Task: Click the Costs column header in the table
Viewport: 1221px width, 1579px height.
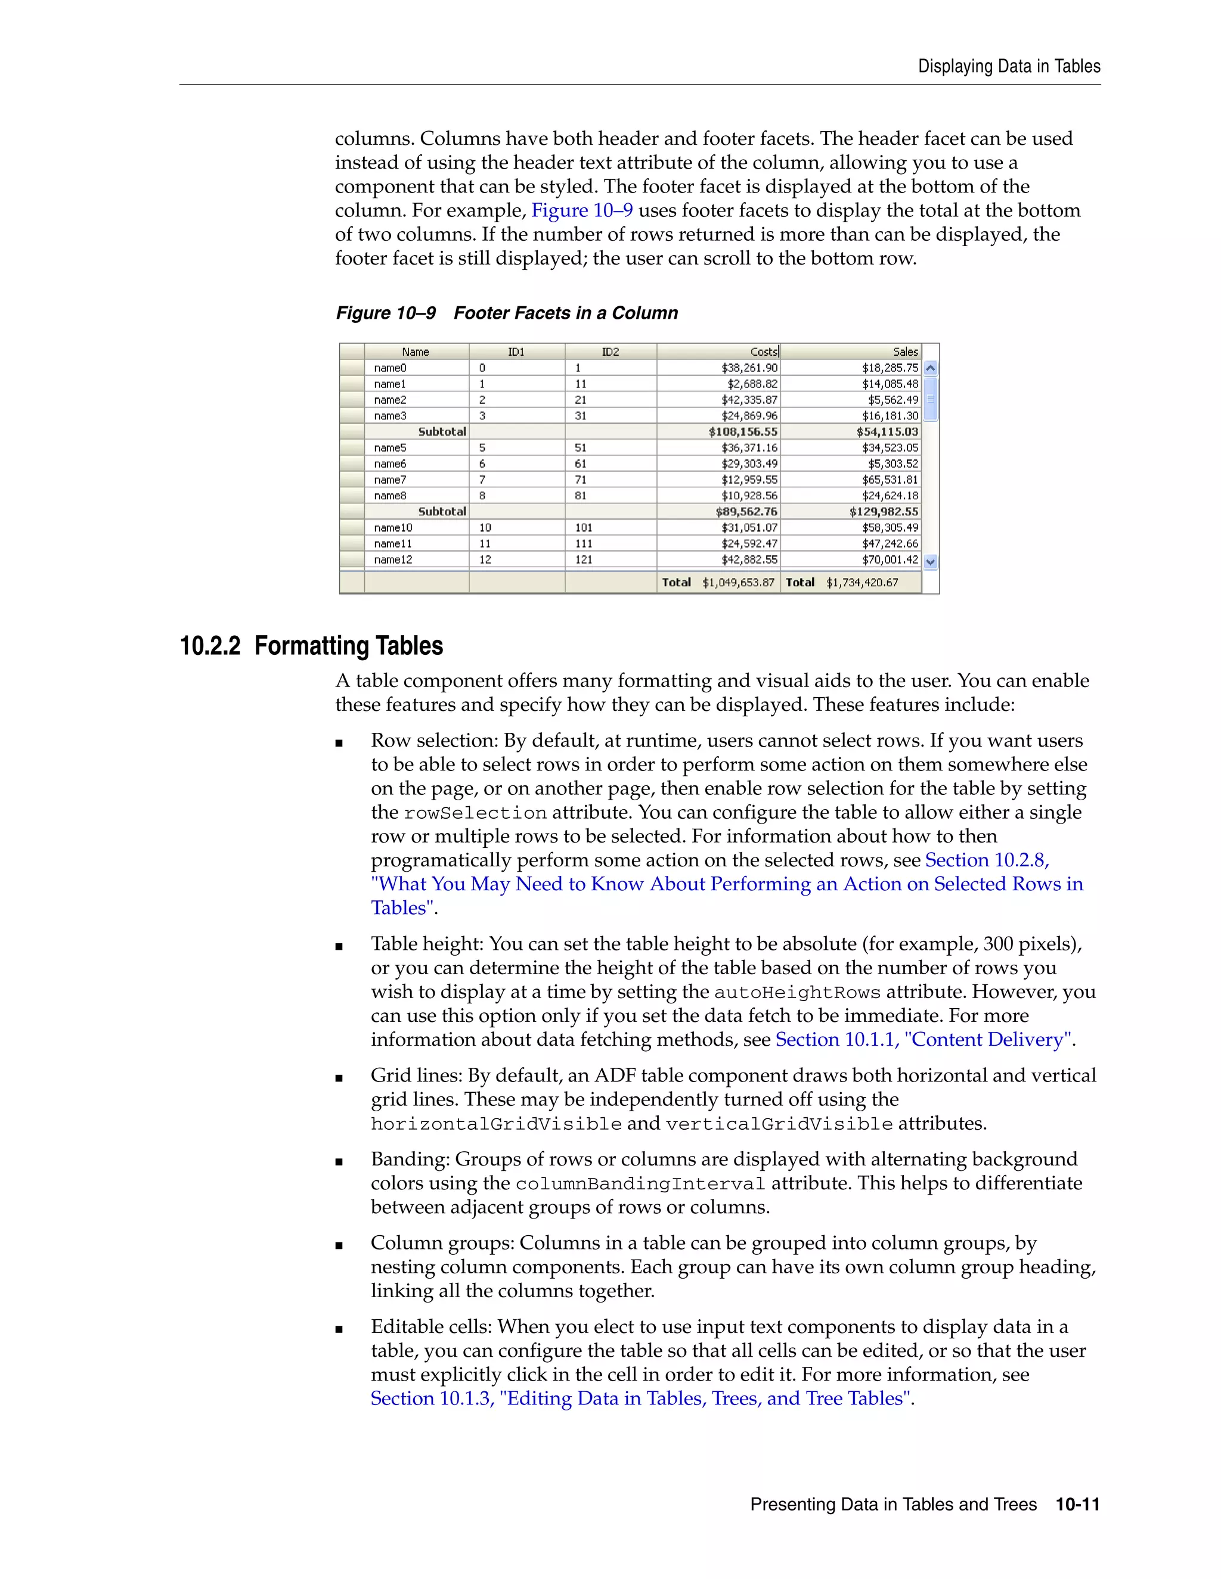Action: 763,352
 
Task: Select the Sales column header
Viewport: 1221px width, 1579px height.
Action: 905,352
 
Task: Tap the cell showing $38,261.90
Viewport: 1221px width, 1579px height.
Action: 749,368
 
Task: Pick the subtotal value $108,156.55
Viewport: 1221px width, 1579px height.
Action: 743,431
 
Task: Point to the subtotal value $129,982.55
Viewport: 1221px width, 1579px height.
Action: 883,512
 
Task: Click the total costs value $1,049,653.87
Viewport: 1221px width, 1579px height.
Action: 738,583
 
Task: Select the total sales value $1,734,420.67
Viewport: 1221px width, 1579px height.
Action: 862,583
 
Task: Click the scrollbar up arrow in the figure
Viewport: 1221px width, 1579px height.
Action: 931,368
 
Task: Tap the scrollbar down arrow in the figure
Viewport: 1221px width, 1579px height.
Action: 931,562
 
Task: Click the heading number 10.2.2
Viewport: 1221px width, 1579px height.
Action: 210,646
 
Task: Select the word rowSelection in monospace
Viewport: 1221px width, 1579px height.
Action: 475,813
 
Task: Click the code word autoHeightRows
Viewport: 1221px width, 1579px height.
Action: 797,993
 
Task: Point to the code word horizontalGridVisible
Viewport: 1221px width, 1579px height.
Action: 496,1124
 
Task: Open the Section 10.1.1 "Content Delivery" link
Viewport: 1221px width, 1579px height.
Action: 924,1040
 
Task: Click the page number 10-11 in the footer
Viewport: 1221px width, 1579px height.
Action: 1077,1505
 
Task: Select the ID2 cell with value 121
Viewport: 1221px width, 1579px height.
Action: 584,560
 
